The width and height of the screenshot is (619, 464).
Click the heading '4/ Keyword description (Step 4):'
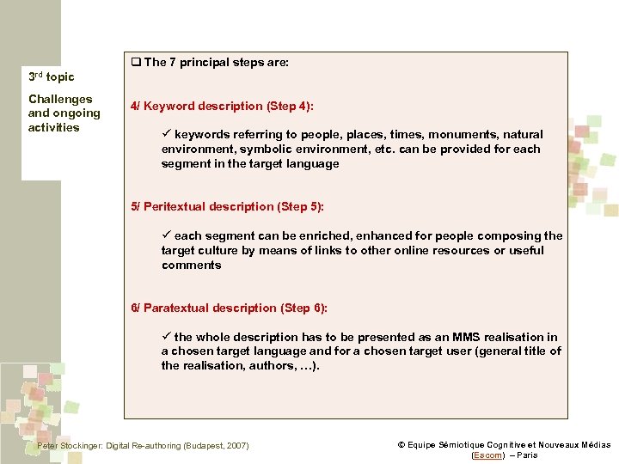click(x=222, y=106)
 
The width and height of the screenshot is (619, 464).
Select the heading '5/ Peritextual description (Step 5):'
click(x=227, y=206)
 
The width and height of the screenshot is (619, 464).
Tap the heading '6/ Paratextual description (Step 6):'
click(x=229, y=308)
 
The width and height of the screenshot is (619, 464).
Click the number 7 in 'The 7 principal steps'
click(x=173, y=62)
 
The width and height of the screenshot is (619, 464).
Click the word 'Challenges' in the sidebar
click(x=60, y=99)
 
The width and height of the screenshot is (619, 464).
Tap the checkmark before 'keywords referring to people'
click(x=167, y=134)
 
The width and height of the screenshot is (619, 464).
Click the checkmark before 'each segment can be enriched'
click(x=167, y=235)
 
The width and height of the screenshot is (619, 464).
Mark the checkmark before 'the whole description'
click(x=167, y=337)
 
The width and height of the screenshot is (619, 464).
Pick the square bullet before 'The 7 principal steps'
click(x=136, y=62)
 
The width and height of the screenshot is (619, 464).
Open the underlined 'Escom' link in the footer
click(x=488, y=455)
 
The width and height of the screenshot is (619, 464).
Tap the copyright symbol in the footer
click(x=401, y=445)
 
